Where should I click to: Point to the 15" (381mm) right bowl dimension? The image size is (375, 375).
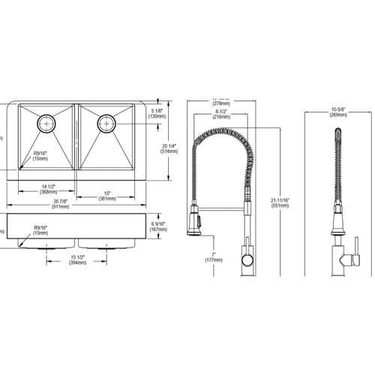[x=107, y=196]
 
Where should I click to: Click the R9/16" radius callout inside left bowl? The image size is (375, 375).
[x=41, y=156]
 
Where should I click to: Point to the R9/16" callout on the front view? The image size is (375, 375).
[x=40, y=230]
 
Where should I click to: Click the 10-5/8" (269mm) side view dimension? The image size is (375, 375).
[x=338, y=112]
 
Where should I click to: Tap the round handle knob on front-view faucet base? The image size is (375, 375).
[x=246, y=259]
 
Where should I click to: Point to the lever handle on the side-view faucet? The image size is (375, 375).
[x=347, y=259]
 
